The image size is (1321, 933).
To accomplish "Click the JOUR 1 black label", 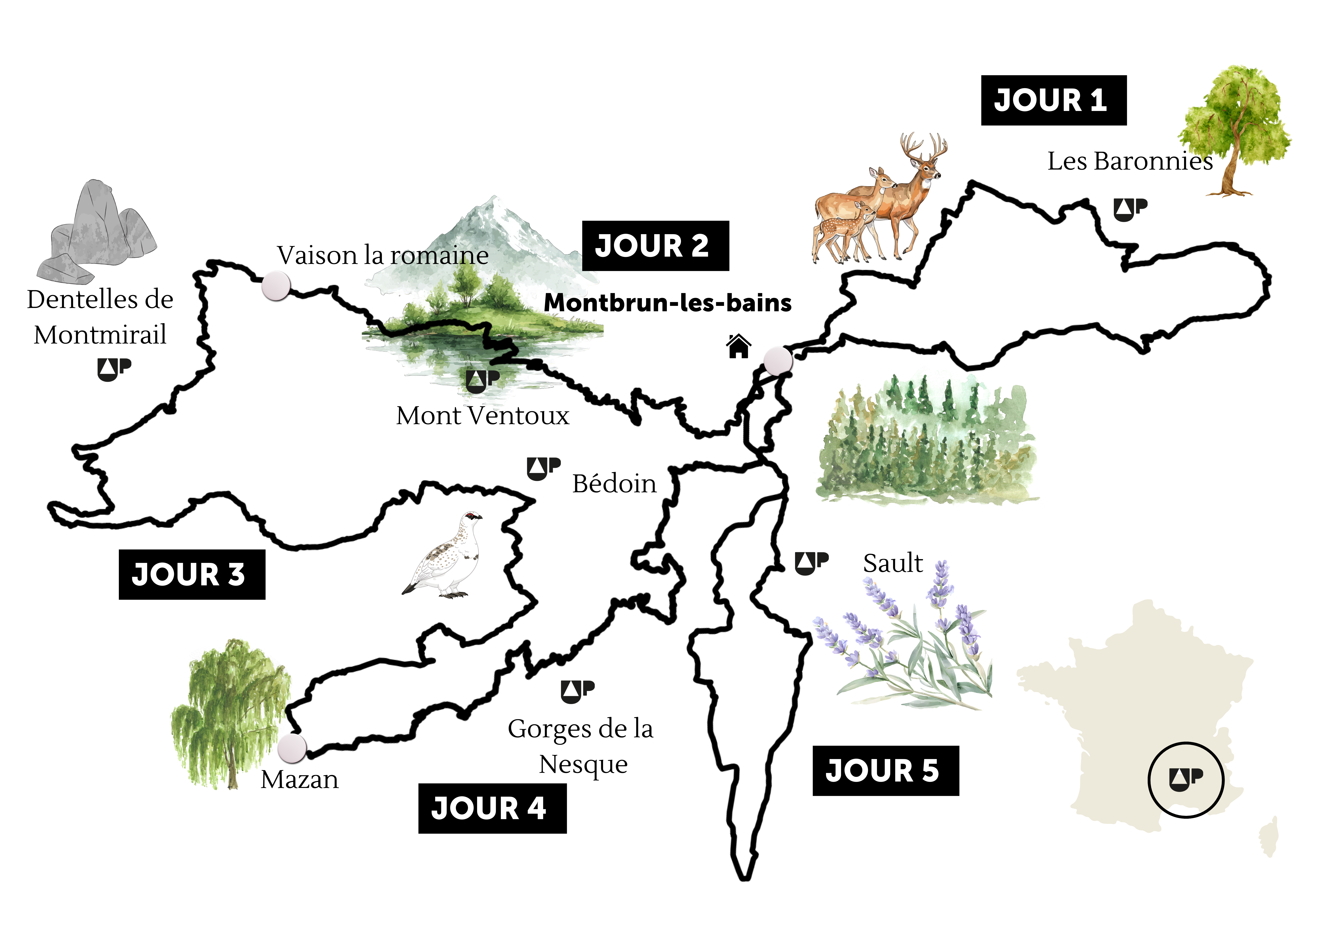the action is coord(1053,100).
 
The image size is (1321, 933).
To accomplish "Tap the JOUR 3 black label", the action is coord(192,574).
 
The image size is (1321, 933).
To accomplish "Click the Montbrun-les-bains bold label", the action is coord(667,303).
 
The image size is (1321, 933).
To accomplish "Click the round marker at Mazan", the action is coord(292,747).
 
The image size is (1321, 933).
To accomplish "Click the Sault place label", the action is coord(892,563).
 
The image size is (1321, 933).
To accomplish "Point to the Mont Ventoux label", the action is coord(482,415).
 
